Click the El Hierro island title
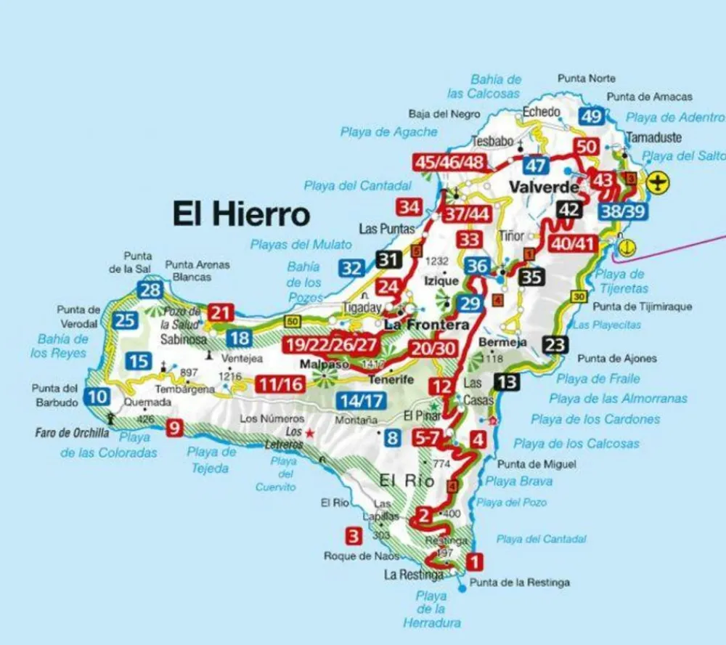241,214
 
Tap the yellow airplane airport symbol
658,182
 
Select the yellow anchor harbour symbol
627,247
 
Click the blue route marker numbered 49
592,116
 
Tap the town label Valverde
544,187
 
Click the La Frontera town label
427,325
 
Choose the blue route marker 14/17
361,399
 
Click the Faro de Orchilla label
72,433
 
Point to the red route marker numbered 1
473,561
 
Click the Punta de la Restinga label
520,583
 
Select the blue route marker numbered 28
150,291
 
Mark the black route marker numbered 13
508,381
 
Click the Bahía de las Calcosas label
486,86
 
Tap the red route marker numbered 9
174,428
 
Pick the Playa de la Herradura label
432,609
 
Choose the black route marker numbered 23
555,345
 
